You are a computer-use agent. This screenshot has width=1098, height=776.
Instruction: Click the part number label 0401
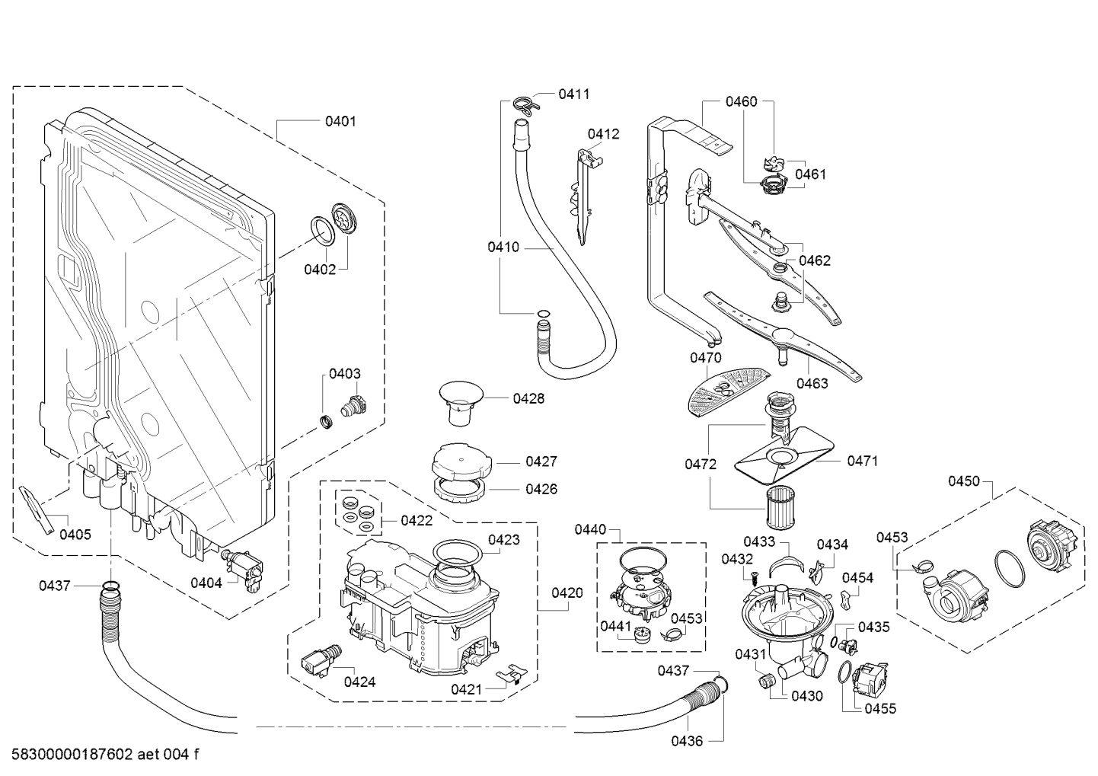click(340, 121)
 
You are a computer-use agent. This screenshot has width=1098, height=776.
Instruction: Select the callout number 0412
click(603, 134)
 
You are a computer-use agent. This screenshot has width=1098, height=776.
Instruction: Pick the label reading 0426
click(541, 489)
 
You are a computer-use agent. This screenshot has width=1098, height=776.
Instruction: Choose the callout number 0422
click(417, 521)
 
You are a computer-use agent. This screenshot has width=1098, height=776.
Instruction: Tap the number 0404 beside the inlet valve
click(206, 583)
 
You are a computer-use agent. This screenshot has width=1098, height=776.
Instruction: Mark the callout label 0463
click(812, 383)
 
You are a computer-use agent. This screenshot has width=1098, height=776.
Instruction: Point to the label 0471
click(862, 461)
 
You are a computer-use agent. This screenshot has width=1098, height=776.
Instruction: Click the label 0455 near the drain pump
click(880, 709)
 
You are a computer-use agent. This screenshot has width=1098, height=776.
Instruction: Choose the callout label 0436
click(687, 740)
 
